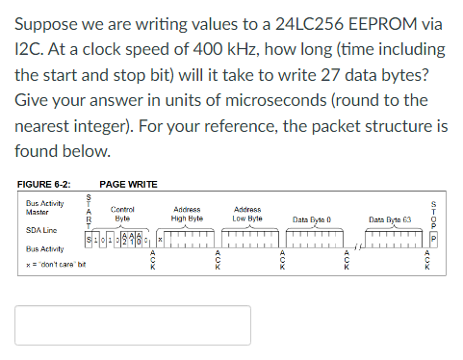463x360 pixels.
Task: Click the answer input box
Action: [x=133, y=325]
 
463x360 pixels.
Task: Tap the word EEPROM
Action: [x=370, y=22]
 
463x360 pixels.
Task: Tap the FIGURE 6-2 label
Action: [x=45, y=184]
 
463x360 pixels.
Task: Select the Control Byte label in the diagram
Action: [x=122, y=213]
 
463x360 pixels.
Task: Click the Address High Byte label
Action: [x=187, y=213]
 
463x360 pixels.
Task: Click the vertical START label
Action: [x=90, y=213]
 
